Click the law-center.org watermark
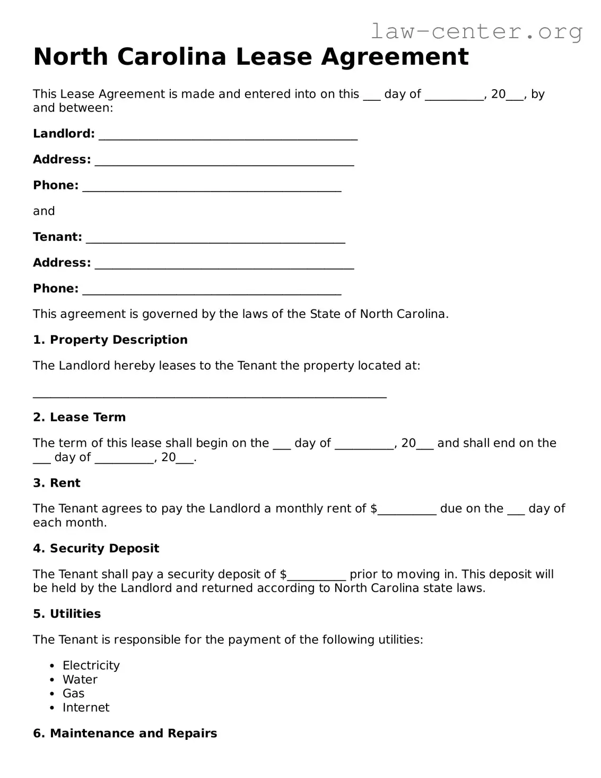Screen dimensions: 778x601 click(x=476, y=31)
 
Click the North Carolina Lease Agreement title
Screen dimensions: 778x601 click(x=251, y=57)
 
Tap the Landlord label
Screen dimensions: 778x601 click(x=64, y=134)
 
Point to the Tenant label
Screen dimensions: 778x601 click(x=57, y=237)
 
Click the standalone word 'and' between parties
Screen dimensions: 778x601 click(x=43, y=211)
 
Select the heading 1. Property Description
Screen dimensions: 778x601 click(x=110, y=340)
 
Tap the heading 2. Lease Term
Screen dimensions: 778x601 click(x=79, y=418)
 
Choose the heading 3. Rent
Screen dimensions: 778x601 click(x=56, y=483)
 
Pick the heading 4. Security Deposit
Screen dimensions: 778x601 click(x=95, y=549)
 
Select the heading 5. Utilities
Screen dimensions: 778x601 click(x=66, y=614)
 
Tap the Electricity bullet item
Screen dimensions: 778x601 click(x=91, y=665)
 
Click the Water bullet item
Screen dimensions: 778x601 click(x=80, y=680)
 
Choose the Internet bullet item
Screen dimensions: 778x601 click(x=85, y=708)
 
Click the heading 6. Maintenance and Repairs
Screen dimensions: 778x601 click(x=125, y=733)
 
